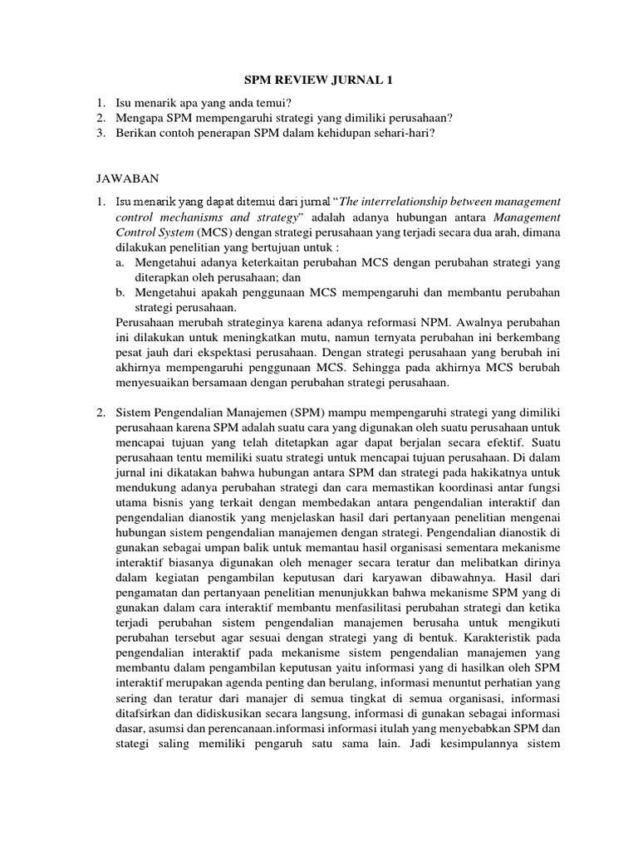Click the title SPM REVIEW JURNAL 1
[318, 81]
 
